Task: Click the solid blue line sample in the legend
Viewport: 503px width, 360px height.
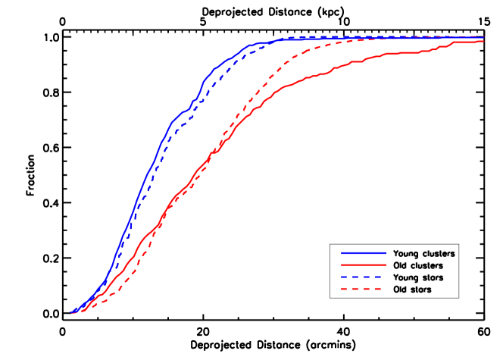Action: tap(364, 253)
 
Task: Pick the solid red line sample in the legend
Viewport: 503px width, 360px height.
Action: tap(364, 265)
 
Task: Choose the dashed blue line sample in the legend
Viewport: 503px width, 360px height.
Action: tap(364, 277)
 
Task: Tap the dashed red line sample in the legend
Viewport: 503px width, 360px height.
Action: tap(364, 289)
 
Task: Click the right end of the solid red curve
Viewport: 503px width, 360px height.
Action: tap(484, 41)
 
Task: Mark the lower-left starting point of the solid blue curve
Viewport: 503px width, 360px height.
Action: tap(71, 312)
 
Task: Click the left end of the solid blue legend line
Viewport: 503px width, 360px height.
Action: tap(342, 253)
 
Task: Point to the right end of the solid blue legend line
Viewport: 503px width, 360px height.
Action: tap(386, 253)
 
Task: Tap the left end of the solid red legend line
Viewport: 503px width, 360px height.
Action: tap(342, 265)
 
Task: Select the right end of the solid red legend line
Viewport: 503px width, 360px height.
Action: tap(386, 265)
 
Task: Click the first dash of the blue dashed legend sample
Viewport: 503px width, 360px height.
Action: tap(345, 277)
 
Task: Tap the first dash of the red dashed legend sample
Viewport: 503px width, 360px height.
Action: tap(345, 289)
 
